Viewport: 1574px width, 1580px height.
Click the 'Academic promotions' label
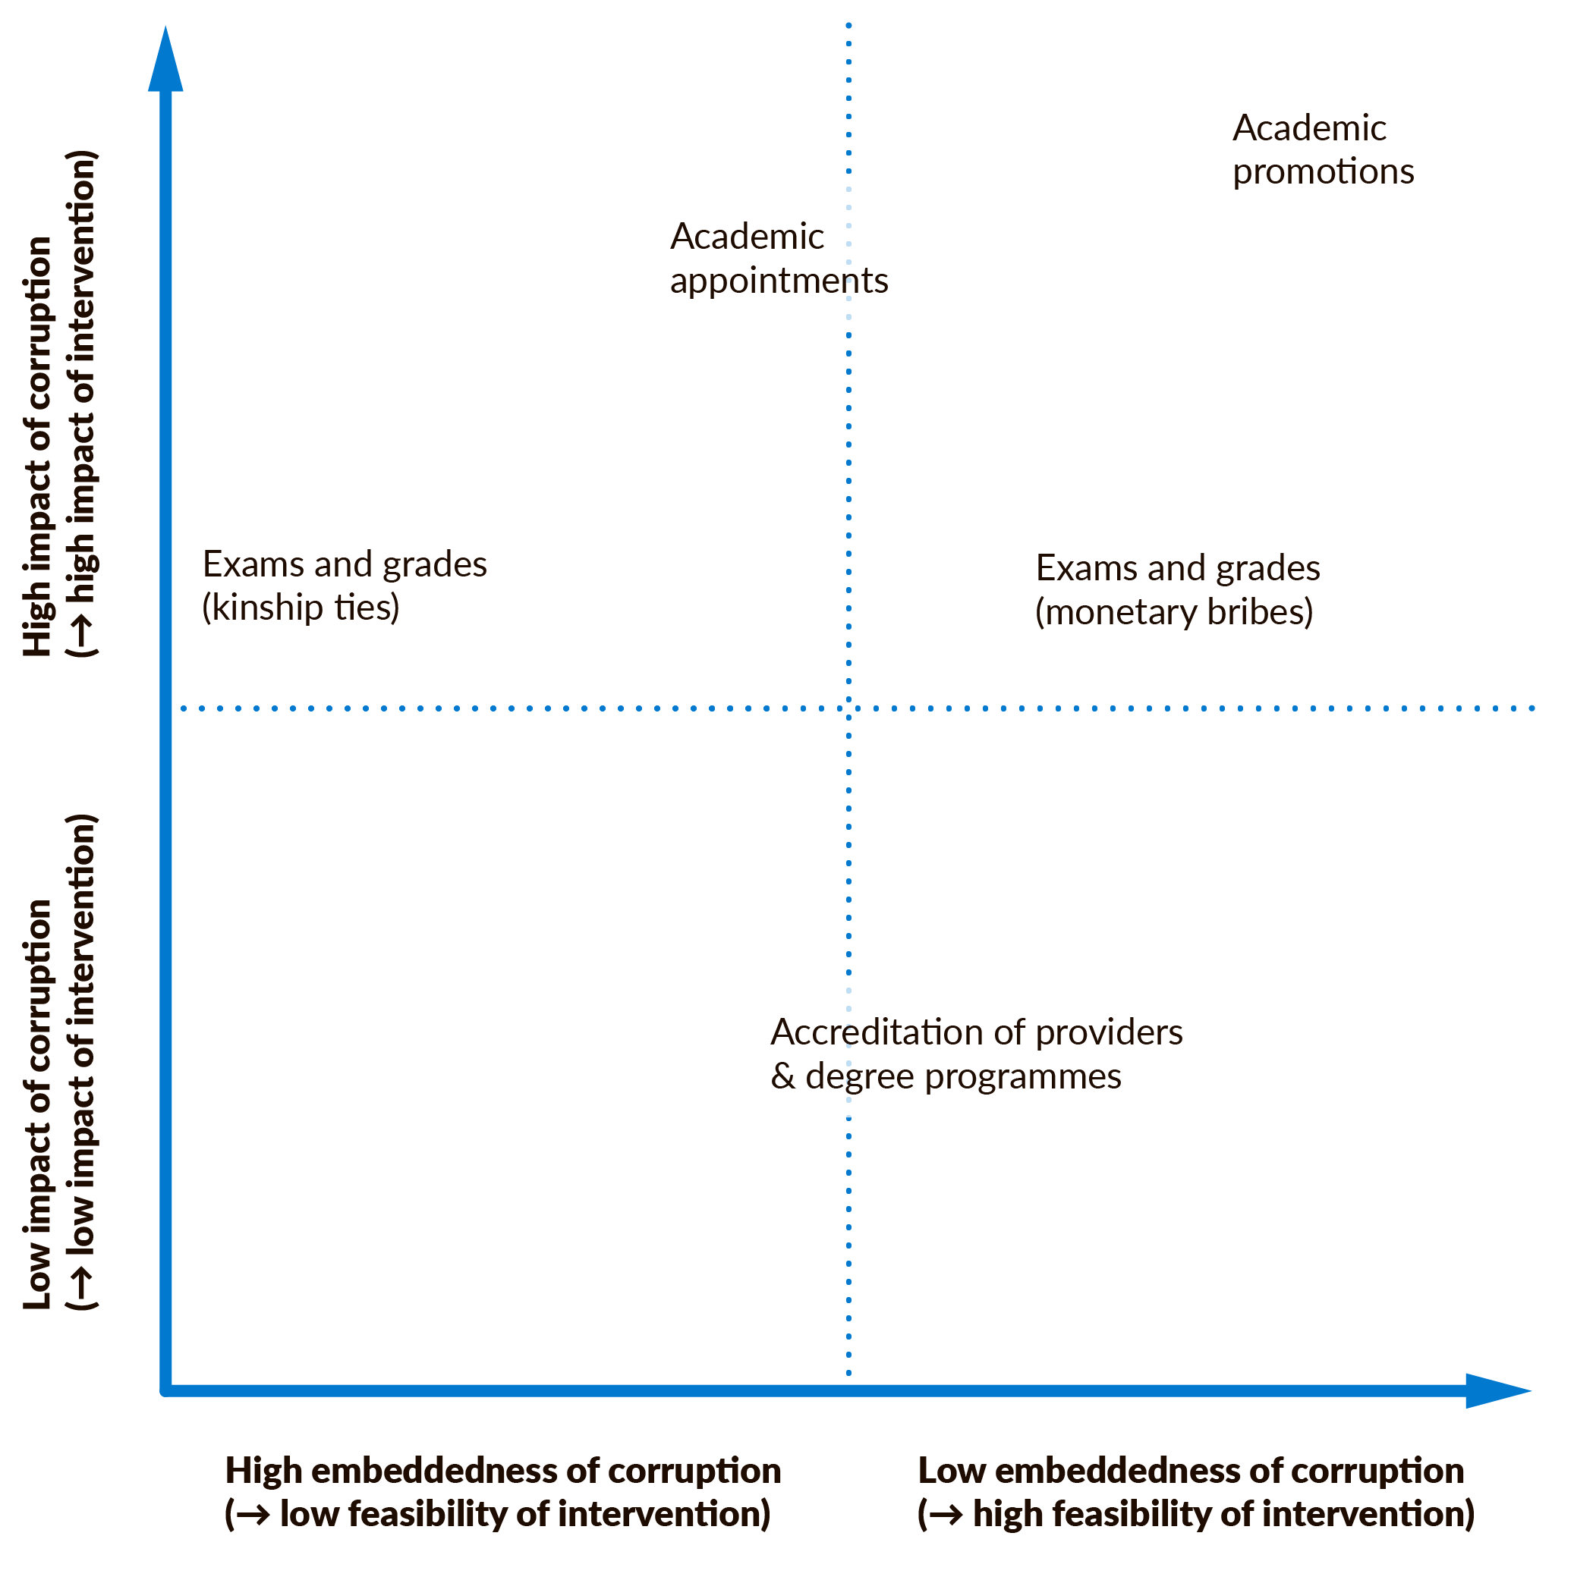pyautogui.click(x=1322, y=150)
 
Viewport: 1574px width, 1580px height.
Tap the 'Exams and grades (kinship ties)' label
pyautogui.click(x=345, y=586)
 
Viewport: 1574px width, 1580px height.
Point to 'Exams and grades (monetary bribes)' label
pyautogui.click(x=1177, y=590)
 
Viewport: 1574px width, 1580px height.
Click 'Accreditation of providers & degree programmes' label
pyautogui.click(x=976, y=1055)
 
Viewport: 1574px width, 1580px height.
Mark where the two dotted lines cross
pyautogui.click(x=848, y=708)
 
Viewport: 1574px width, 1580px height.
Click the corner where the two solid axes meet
pyautogui.click(x=166, y=1390)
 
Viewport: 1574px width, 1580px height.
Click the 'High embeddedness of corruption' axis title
pyautogui.click(x=502, y=1471)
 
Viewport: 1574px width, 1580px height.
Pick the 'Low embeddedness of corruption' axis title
pyautogui.click(x=1192, y=1471)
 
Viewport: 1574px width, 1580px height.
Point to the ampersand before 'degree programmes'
pyautogui.click(x=783, y=1077)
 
